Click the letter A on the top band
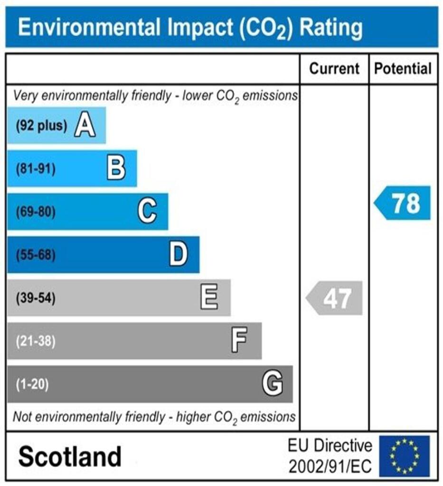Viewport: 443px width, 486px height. (85, 126)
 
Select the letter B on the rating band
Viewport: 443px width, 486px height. (116, 168)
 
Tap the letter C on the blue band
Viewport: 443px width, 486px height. (147, 211)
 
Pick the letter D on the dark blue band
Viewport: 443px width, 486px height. (179, 255)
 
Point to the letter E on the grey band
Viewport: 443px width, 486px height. (209, 298)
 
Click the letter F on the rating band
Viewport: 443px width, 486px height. (239, 341)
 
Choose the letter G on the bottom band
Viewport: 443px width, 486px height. (273, 383)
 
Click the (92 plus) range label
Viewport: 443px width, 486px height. (41, 126)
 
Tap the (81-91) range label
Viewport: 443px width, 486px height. (36, 169)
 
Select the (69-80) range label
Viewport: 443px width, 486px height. (36, 212)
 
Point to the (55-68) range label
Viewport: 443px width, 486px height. (36, 255)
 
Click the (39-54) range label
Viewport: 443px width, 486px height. (36, 299)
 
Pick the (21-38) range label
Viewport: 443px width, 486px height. (36, 341)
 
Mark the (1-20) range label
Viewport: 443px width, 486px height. (33, 384)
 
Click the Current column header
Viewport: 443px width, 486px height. (334, 69)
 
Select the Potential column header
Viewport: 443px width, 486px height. (403, 69)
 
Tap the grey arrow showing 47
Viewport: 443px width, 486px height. (334, 299)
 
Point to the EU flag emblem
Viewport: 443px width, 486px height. (404, 456)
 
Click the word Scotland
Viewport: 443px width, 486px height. (70, 457)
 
